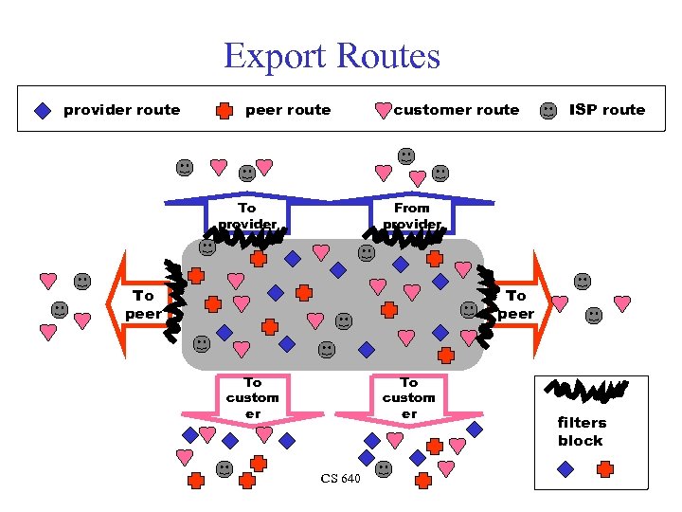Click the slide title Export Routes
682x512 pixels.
[332, 56]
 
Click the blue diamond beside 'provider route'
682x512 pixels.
[42, 110]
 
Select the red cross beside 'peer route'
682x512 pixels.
[224, 110]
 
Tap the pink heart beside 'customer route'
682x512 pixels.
[383, 111]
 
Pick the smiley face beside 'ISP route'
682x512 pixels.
[548, 110]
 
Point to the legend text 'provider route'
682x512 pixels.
[121, 110]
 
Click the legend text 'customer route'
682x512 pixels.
[456, 110]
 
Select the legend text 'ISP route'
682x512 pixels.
[606, 110]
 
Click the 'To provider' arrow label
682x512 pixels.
[247, 216]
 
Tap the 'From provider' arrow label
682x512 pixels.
[412, 216]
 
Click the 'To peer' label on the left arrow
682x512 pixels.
[143, 304]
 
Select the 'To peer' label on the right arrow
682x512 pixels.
[516, 304]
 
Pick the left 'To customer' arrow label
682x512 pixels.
[252, 397]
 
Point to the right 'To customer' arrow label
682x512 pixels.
[409, 397]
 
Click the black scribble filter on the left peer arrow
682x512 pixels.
[173, 299]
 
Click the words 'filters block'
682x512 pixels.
[581, 431]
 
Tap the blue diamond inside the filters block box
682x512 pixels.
[565, 468]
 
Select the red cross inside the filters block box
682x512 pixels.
[605, 468]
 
